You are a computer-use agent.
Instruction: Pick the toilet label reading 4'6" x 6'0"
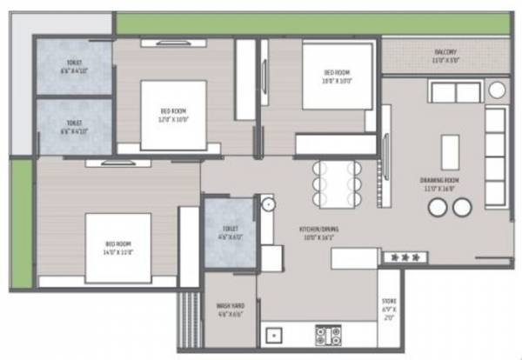point(229,232)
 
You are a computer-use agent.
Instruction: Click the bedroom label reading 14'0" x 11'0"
point(118,247)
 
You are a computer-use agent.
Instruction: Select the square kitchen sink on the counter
point(274,335)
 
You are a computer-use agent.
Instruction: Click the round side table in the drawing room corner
point(497,90)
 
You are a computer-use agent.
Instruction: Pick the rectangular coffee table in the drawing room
point(450,152)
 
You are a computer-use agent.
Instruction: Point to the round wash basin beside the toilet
point(267,204)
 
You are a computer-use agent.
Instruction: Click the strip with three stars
point(403,257)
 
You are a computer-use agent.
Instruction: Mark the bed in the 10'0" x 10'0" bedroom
point(338,77)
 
